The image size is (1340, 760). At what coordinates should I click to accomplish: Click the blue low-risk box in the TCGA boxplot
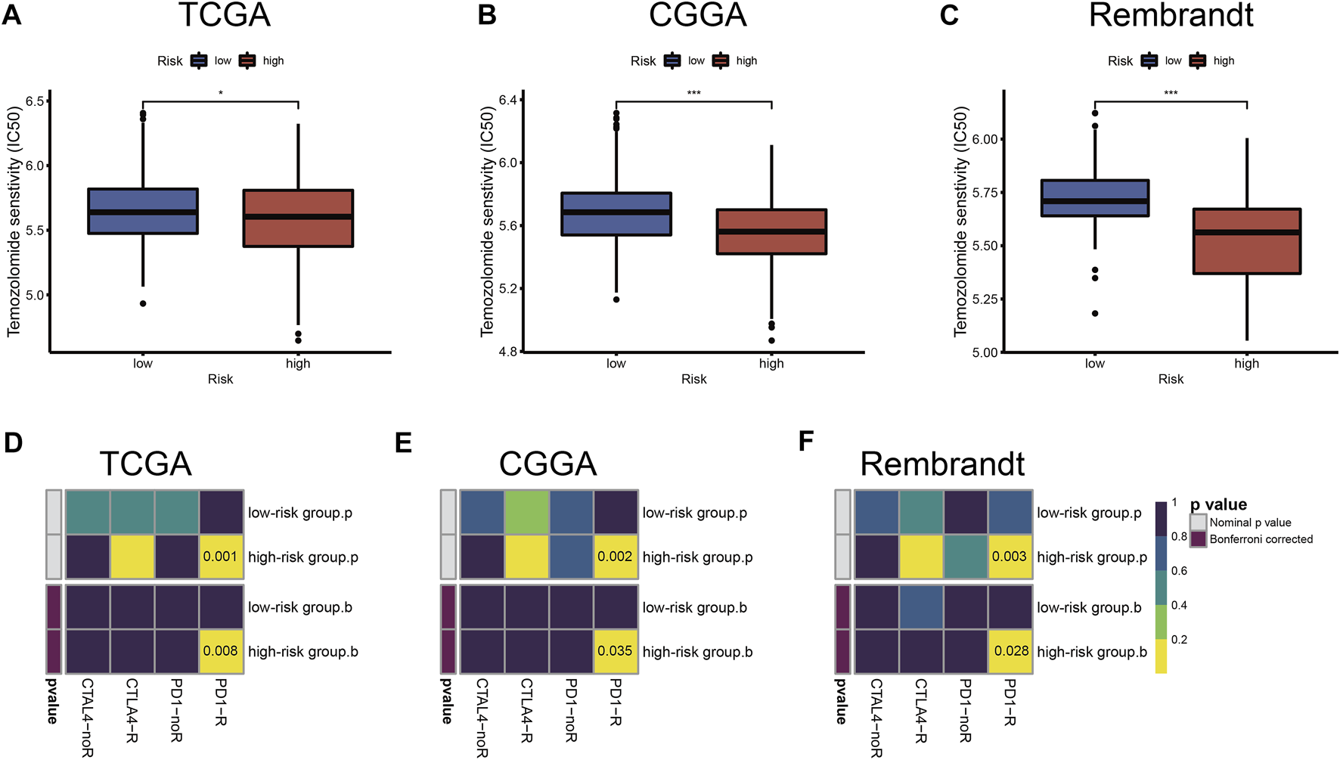point(143,211)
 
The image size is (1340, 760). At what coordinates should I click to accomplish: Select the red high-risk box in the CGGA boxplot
point(771,231)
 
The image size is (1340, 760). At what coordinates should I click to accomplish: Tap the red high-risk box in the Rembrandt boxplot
point(1246,241)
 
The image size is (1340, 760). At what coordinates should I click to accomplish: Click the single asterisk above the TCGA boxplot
point(221,94)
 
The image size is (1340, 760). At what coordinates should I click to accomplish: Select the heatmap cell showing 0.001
point(221,557)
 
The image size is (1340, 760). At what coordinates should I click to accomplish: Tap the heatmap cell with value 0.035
point(616,651)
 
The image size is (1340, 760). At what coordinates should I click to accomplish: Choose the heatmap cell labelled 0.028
point(1010,651)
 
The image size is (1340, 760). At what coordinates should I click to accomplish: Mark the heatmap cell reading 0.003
point(1010,557)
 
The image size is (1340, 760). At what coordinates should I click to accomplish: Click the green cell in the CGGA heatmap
point(526,512)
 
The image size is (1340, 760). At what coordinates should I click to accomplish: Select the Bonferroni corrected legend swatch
point(1198,539)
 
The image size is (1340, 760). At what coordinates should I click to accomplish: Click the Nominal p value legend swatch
point(1198,523)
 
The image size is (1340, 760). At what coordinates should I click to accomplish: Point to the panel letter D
point(13,442)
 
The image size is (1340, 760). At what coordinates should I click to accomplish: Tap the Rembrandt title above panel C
point(1171,15)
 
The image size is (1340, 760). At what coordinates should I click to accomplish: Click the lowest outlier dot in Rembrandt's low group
point(1095,313)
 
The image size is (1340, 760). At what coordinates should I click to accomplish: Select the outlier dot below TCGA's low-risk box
point(143,303)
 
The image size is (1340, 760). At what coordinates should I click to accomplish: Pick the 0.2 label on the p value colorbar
point(1179,640)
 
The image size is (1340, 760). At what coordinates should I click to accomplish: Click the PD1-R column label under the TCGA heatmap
point(221,702)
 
